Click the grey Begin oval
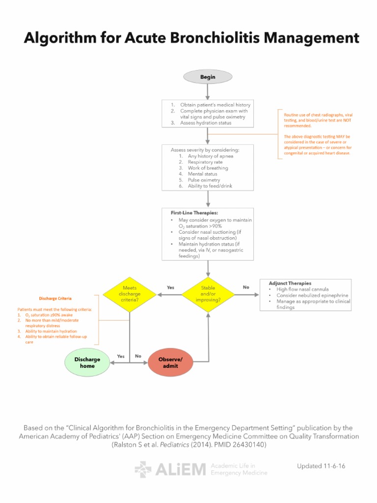click(x=208, y=77)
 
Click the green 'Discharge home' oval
click(x=87, y=363)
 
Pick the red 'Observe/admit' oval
click(x=168, y=363)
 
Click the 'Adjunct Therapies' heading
click(x=290, y=283)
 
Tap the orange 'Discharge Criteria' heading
click(x=55, y=298)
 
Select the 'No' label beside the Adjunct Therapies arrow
click(x=245, y=287)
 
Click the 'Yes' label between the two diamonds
click(x=170, y=287)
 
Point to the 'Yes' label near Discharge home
click(x=120, y=356)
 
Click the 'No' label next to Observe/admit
click(x=138, y=356)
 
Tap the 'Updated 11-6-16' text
click(x=321, y=466)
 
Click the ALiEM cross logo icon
click(x=143, y=469)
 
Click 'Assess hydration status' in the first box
click(x=206, y=123)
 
